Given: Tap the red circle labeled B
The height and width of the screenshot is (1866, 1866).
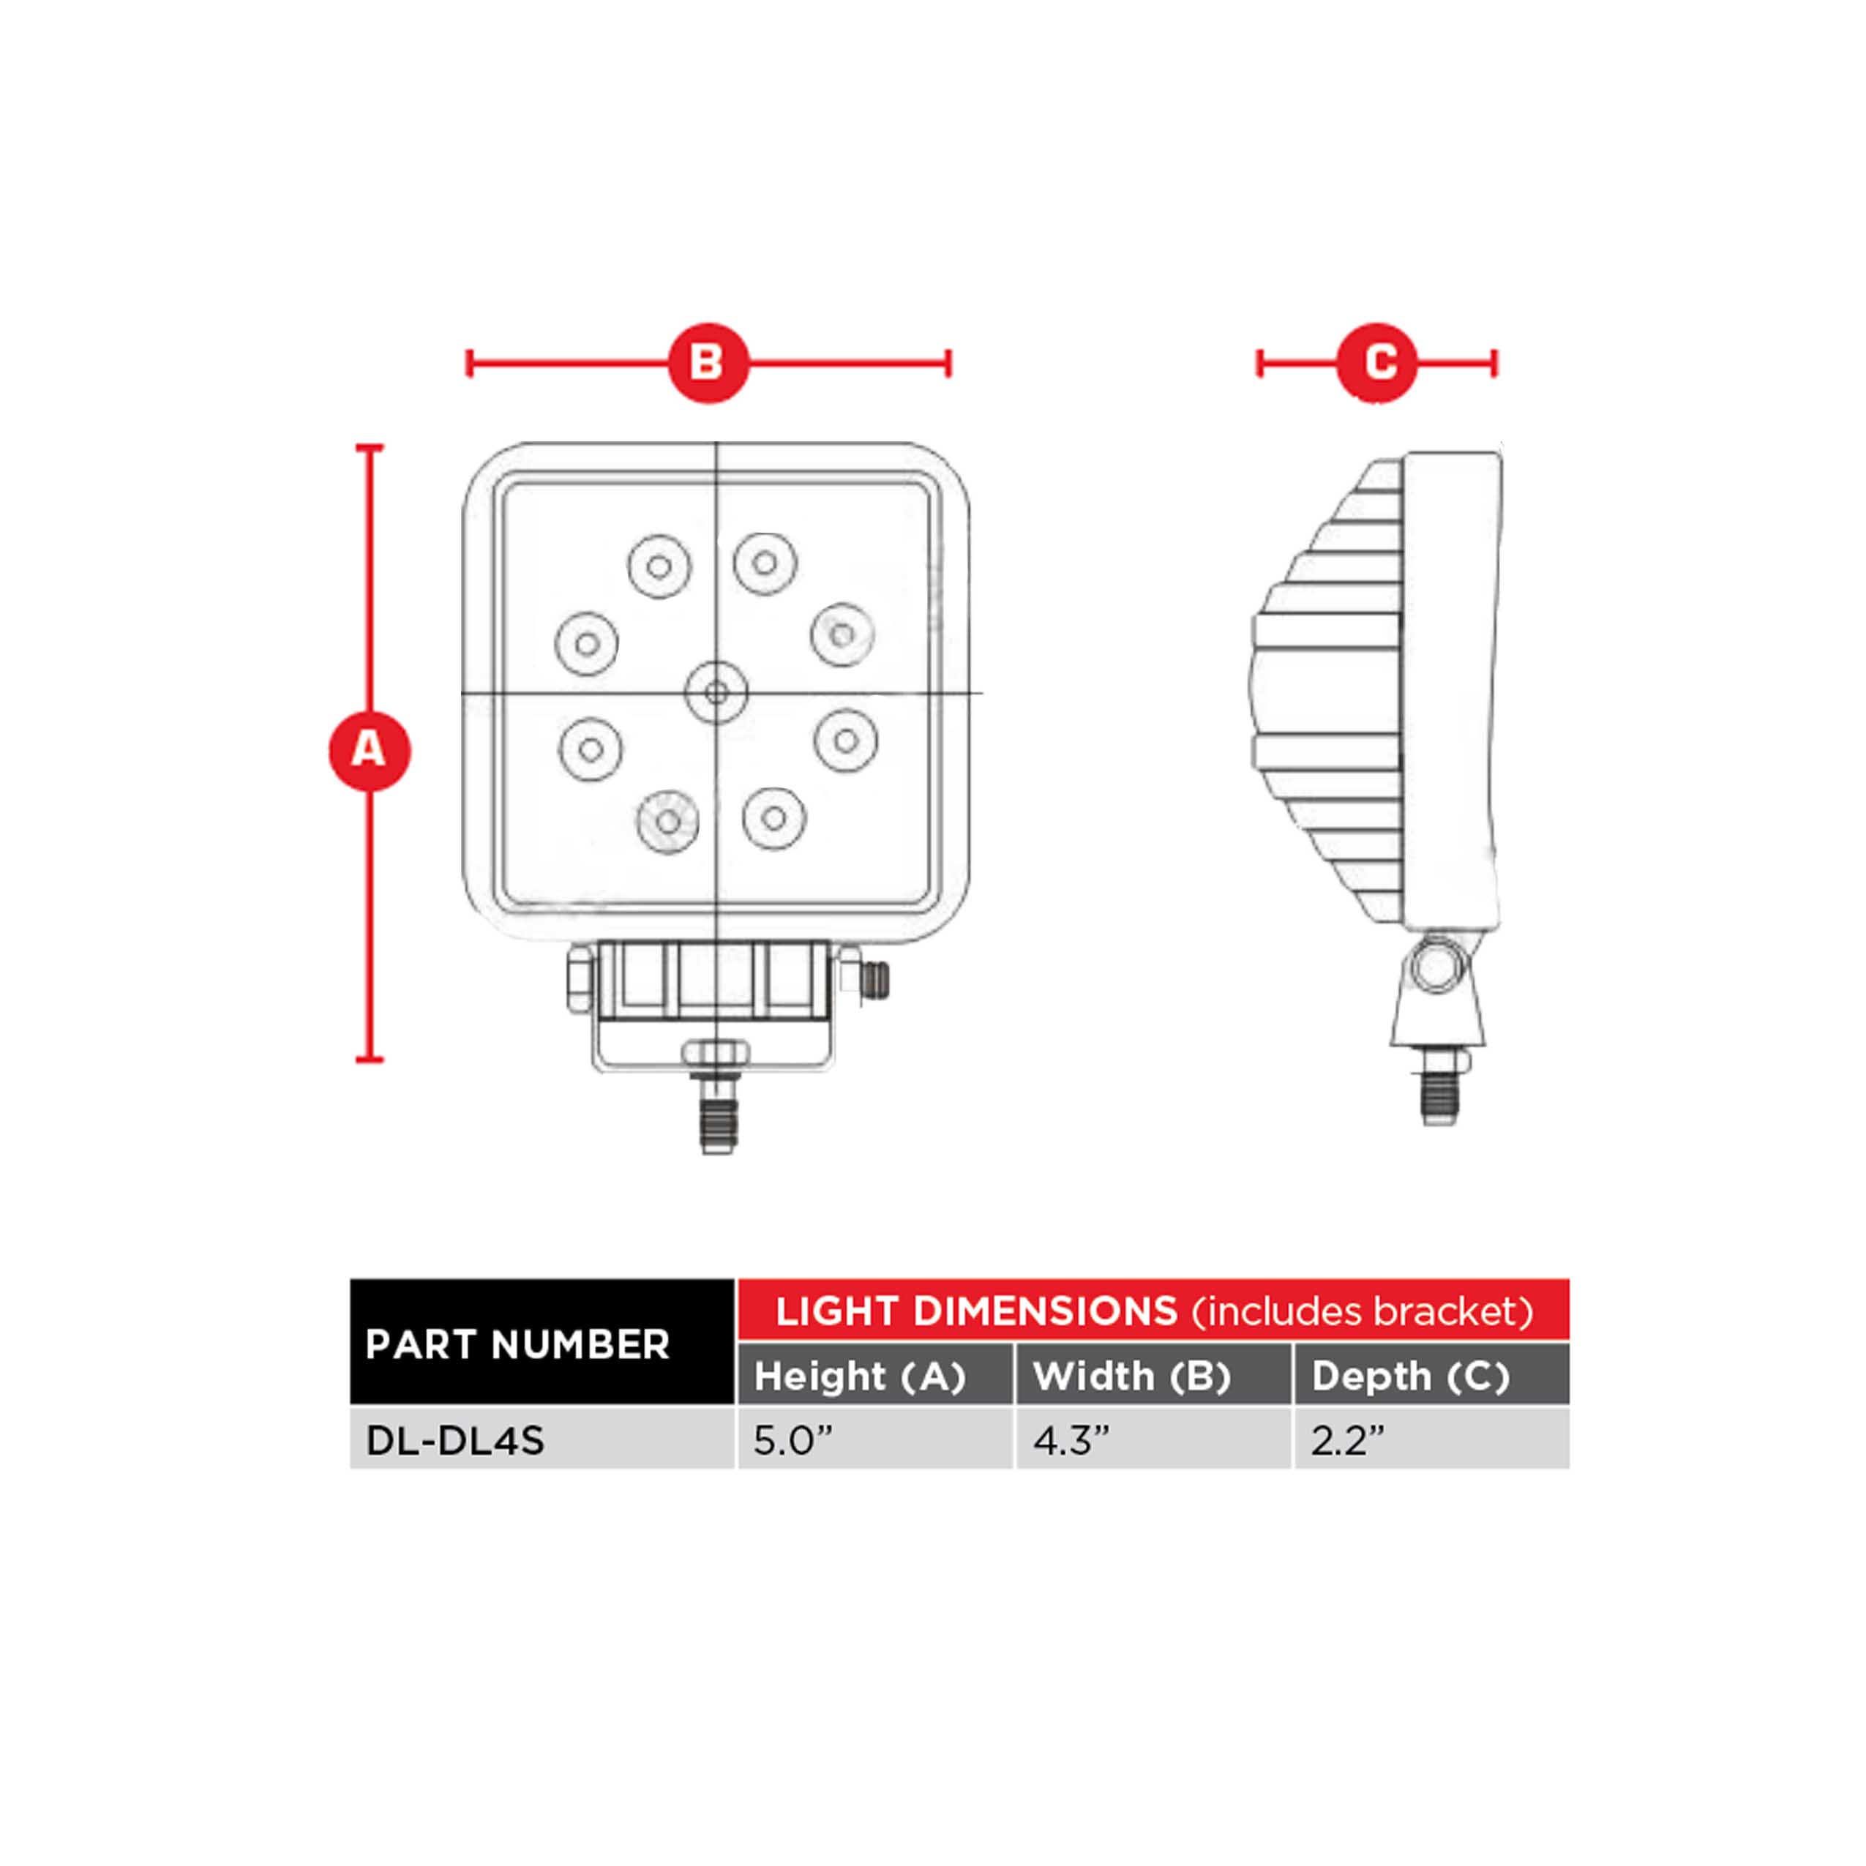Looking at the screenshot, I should coord(708,363).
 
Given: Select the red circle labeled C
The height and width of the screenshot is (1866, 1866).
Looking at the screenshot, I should coord(1376,363).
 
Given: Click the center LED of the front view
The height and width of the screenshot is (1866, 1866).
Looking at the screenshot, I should coord(716,692).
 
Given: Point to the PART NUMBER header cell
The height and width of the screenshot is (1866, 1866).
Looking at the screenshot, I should coord(517,1344).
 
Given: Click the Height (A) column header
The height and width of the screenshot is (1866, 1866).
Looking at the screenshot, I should coord(860,1376).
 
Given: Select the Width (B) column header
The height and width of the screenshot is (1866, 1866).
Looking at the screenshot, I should coord(1132,1376).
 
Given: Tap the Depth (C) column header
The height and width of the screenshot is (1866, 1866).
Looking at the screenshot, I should coord(1410,1376).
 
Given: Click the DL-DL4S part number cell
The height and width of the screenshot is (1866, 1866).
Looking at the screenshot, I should coord(456,1441).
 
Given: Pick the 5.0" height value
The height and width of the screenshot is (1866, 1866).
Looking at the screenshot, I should coord(792,1441).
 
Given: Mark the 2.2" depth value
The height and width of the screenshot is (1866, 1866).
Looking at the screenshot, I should coord(1347,1441).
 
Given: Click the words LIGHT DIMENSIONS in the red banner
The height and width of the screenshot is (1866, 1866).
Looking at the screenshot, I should coord(976,1311).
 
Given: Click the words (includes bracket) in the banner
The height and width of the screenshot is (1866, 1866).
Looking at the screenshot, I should coord(1362,1311).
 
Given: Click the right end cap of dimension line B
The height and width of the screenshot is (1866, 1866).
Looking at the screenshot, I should coord(948,363).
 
